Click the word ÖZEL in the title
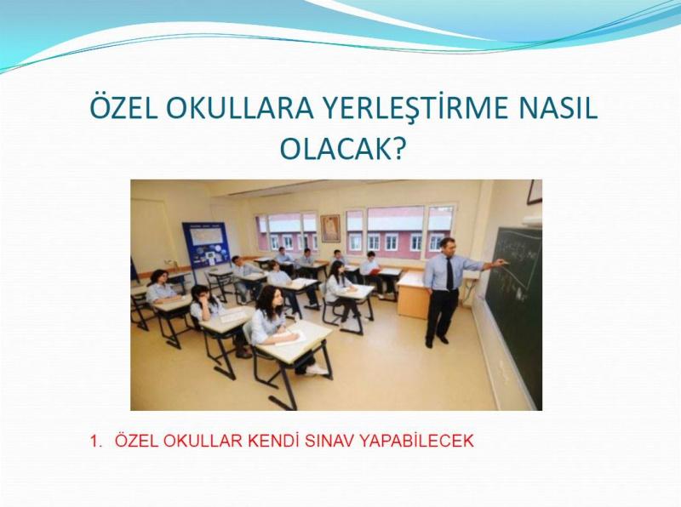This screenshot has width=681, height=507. [x=123, y=108]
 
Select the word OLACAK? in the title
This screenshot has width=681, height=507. [x=342, y=150]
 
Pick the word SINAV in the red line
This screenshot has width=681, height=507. [x=330, y=441]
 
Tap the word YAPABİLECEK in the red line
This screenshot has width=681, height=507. [x=417, y=441]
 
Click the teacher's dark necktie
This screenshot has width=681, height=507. [x=449, y=272]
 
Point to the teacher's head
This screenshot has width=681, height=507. [x=448, y=247]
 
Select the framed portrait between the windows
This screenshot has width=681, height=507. [x=331, y=228]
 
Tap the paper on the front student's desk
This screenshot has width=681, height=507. [x=289, y=337]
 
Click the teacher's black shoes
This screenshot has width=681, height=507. [x=436, y=341]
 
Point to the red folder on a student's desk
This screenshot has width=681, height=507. [x=375, y=272]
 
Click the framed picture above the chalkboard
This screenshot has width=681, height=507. [x=535, y=191]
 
